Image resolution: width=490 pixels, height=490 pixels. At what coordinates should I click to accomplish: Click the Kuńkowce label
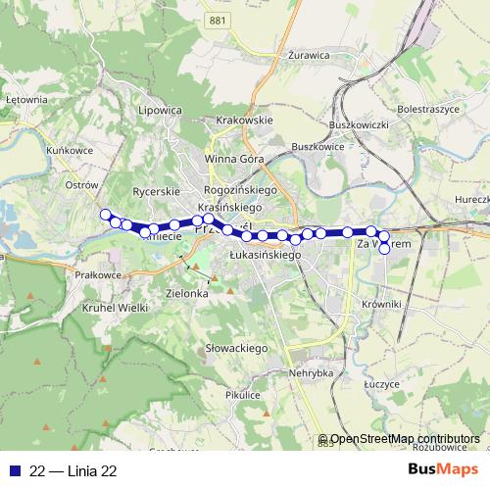coord(68,151)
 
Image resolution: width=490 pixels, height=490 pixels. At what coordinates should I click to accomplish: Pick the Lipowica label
coord(161,111)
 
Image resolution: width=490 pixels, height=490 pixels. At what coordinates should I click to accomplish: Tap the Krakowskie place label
coord(243,121)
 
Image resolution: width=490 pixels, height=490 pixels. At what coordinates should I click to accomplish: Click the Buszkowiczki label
coord(360,126)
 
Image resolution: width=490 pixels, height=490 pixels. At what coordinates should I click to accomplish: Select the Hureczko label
coord(472,199)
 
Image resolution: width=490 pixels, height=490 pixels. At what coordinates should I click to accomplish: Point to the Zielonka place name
coord(188,293)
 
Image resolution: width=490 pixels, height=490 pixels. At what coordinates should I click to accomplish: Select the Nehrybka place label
coord(312,373)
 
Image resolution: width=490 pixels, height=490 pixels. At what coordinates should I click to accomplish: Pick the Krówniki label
coord(382,305)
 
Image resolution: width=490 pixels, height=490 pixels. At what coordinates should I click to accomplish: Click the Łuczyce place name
coord(379,383)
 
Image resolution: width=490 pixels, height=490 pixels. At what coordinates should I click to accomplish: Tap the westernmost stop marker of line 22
coord(106,216)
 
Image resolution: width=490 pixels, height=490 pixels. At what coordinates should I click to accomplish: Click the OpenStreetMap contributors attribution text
coord(405,439)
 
